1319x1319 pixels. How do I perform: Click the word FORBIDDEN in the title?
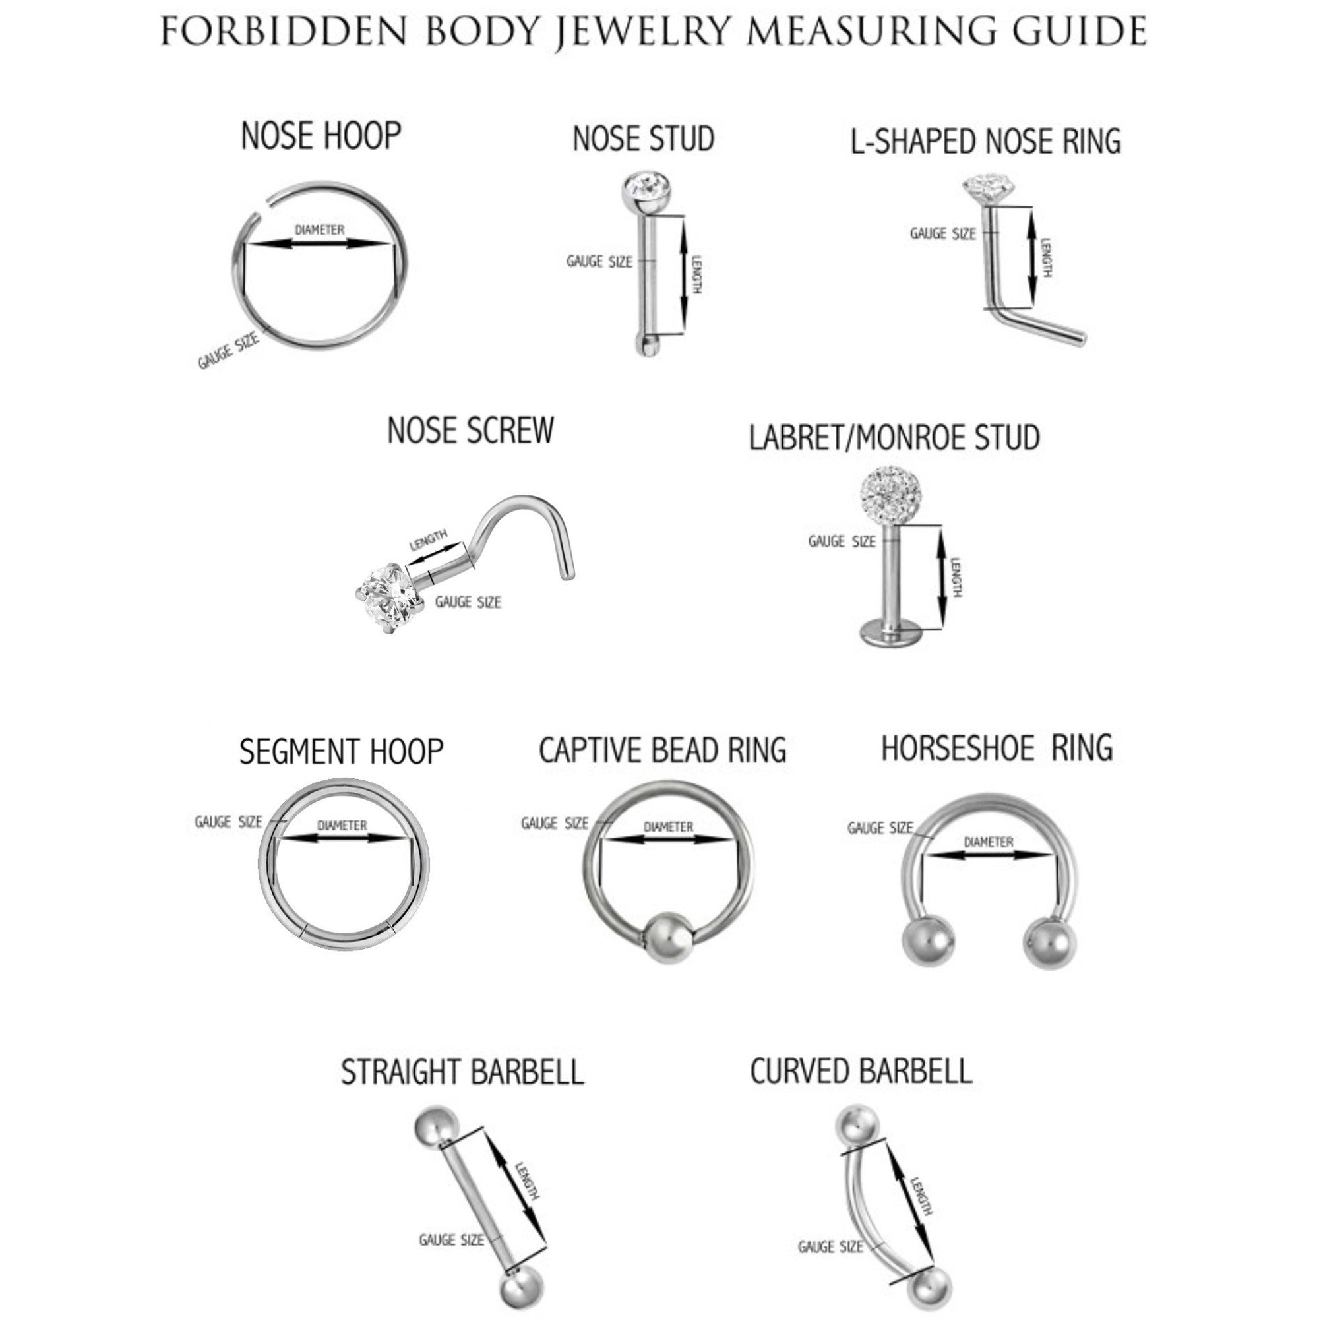tap(284, 31)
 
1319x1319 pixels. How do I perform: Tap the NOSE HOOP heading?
tap(322, 135)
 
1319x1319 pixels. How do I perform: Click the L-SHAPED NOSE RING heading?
tap(986, 141)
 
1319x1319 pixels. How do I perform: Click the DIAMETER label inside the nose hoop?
tap(319, 230)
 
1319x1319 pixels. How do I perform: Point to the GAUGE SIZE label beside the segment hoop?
tap(228, 822)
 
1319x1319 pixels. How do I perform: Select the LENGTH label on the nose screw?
tap(428, 540)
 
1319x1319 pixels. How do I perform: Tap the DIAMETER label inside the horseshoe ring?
tap(989, 842)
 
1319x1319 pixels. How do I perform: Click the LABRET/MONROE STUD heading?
tap(894, 437)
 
